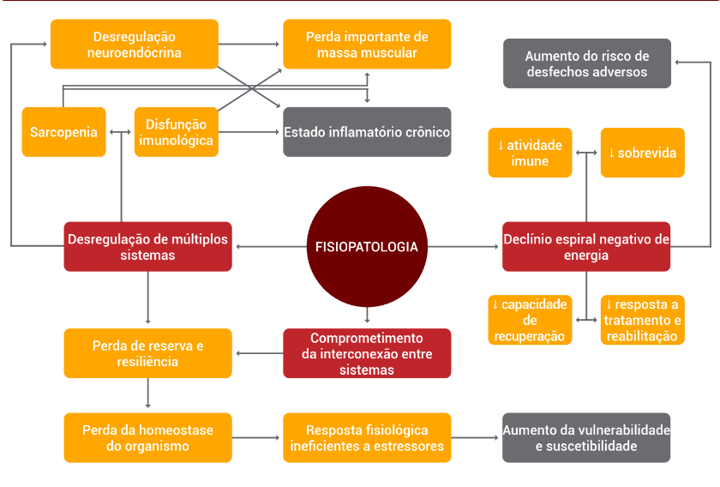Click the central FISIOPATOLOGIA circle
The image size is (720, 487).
pos(366,247)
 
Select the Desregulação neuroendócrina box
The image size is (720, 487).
pos(134,45)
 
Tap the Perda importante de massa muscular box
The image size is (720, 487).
pos(367,45)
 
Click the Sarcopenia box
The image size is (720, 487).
pos(63,132)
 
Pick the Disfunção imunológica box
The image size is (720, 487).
pos(176,132)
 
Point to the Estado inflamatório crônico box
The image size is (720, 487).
pos(367,132)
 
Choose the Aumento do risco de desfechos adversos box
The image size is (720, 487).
pos(586,63)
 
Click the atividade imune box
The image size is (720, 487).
pos(530,153)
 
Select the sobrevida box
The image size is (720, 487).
pos(642,153)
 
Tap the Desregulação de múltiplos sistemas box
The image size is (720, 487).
pos(147,247)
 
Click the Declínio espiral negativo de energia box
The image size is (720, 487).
pos(586,247)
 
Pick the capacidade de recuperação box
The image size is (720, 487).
pos(530,320)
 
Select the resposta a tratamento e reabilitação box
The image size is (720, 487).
pos(642,320)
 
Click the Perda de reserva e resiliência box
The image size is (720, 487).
pos(147,353)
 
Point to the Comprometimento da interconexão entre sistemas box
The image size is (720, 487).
pos(367,353)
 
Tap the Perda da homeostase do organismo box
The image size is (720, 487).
pos(147,437)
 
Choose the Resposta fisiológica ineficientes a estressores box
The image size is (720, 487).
pos(367,437)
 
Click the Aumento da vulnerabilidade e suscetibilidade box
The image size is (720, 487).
pos(586,437)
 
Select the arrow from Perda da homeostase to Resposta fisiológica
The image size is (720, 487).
pos(257,437)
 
